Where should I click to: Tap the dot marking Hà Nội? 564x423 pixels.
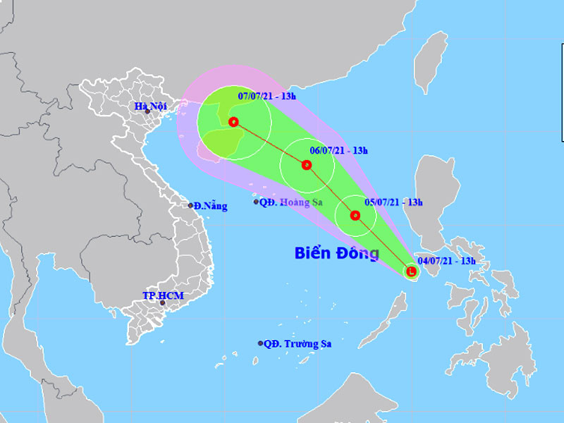147,111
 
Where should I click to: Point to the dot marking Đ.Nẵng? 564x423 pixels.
190,206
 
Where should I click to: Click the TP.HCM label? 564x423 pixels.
163,295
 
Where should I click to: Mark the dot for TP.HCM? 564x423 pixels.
162,303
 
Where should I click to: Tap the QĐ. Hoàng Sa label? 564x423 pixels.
290,202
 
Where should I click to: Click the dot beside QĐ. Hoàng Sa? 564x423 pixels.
257,202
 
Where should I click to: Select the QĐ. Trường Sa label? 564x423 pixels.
298,344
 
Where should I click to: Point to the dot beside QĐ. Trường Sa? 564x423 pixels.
261,343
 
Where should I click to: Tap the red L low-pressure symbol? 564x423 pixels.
411,270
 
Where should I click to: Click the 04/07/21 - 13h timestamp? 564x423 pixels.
446,261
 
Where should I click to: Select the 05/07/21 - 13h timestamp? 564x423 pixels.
393,202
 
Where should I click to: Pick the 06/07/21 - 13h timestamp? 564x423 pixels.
338,150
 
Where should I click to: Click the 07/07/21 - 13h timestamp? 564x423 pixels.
267,95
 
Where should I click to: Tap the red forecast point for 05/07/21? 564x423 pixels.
355,216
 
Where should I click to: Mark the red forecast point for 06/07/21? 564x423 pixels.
306,165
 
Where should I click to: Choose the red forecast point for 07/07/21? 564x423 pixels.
233,121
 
